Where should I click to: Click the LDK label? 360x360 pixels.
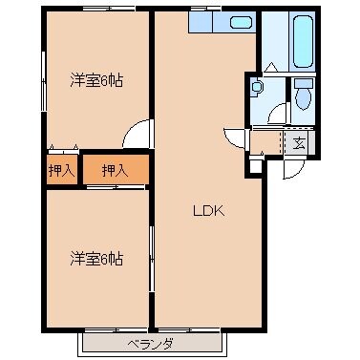point(208,212)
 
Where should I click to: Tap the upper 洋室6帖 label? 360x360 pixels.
point(95,80)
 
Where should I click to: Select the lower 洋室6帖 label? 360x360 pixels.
point(95,258)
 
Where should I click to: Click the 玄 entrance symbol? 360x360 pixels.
point(299,144)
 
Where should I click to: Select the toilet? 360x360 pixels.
point(304,95)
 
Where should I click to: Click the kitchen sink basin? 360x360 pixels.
point(242,21)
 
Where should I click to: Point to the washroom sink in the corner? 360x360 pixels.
point(256,90)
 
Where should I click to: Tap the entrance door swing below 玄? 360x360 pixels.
point(293,168)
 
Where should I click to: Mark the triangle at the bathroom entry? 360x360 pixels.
point(271,67)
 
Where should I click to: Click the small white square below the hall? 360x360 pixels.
point(254,166)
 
